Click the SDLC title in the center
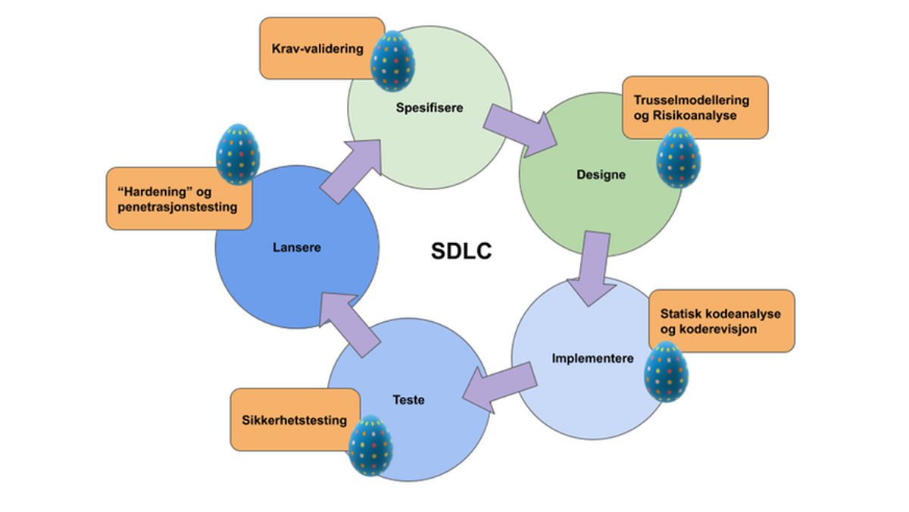[x=461, y=251]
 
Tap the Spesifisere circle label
[x=430, y=108]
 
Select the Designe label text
[x=601, y=175]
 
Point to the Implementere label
[x=592, y=358]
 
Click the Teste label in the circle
[x=409, y=399]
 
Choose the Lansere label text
[x=292, y=247]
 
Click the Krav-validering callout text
[x=317, y=48]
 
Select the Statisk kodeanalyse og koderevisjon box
[x=720, y=320]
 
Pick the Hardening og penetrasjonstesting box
[x=179, y=198]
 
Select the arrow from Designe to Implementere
[x=594, y=268]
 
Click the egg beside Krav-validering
[x=392, y=61]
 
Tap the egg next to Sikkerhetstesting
[x=370, y=445]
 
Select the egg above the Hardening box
[x=238, y=155]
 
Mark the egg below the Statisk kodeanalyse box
[x=666, y=371]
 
